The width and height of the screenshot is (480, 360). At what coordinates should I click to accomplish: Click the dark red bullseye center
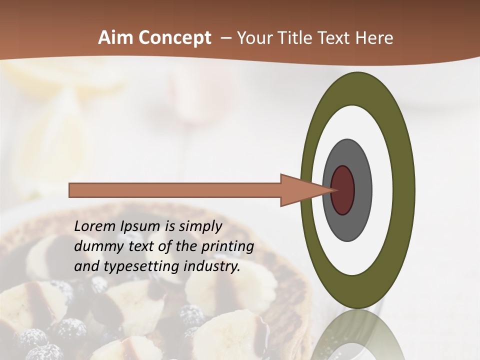click(x=342, y=190)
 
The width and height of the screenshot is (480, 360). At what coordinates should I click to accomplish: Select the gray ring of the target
click(x=362, y=190)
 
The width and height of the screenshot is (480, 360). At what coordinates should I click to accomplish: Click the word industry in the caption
click(x=212, y=266)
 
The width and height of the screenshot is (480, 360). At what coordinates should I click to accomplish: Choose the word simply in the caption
click(x=200, y=226)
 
